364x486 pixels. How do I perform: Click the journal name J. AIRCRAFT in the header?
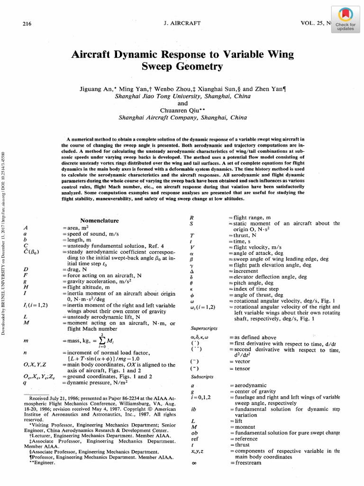(x=182, y=23)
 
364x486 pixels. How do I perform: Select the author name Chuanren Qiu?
(x=182, y=111)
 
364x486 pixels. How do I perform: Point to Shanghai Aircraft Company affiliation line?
(x=182, y=118)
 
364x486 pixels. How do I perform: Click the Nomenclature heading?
(x=100, y=221)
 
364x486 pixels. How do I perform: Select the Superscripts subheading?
(x=203, y=328)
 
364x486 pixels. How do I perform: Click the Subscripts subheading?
(x=201, y=376)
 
